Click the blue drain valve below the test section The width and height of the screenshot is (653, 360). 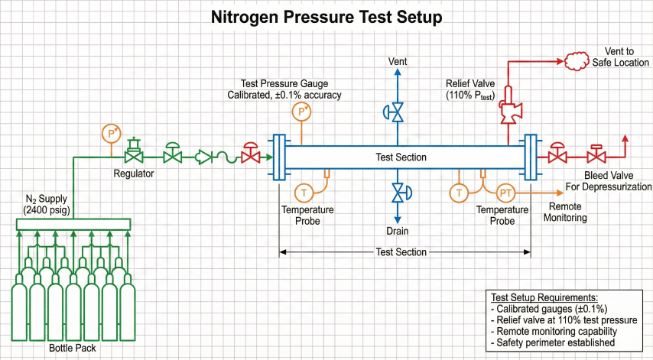tap(398, 193)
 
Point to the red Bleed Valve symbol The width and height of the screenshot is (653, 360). tap(596, 157)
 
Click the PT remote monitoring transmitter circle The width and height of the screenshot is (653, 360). tap(506, 193)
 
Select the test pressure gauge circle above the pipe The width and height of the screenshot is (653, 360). tap(302, 112)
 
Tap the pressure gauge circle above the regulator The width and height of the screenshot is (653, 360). tap(112, 133)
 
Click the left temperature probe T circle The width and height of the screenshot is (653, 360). tap(303, 193)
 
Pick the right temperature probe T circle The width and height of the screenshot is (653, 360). tap(460, 193)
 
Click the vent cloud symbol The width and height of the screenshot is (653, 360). tap(584, 61)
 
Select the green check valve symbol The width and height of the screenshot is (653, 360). tap(204, 157)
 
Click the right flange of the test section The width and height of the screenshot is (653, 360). tap(529, 157)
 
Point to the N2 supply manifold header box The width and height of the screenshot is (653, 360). tap(73, 224)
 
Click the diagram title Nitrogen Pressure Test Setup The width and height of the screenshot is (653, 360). tap(326, 17)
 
